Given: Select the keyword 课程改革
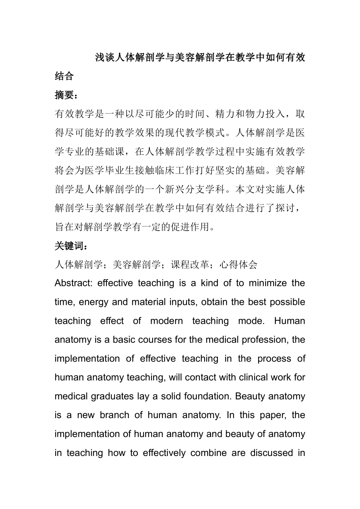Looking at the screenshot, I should (x=190, y=265).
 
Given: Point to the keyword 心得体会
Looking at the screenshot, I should (x=239, y=265).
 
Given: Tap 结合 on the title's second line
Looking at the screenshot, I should (x=64, y=76).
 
